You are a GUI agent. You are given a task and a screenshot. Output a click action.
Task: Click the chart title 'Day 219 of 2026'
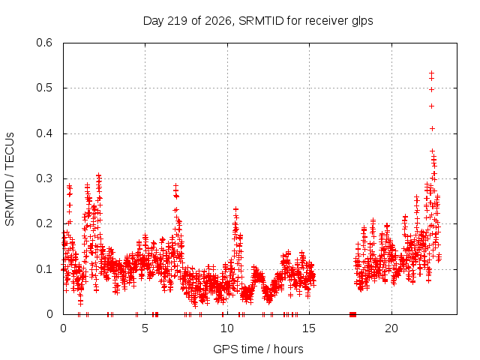187,21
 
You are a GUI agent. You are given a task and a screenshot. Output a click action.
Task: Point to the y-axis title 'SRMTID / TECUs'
10,179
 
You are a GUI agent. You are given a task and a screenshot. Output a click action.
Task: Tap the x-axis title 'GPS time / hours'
258,349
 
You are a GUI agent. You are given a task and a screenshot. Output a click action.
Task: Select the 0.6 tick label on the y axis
44,43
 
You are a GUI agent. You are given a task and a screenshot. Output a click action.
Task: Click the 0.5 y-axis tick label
44,88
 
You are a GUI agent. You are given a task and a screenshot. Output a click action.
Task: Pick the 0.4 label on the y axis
44,133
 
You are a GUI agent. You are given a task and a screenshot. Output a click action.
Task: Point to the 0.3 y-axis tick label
44,178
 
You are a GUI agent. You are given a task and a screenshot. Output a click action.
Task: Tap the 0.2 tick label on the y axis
44,223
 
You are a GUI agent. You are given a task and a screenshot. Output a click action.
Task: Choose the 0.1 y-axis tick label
44,269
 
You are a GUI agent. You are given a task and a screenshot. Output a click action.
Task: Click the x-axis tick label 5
145,328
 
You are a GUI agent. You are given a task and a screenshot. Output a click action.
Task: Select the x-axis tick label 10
227,328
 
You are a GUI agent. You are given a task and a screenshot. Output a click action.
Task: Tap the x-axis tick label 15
309,328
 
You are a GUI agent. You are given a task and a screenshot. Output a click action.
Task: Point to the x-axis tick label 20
391,328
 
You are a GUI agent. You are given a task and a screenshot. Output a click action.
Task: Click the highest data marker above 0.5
432,73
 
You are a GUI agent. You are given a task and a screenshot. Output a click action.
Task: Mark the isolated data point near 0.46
432,106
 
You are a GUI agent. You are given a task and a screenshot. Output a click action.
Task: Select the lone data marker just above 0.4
432,128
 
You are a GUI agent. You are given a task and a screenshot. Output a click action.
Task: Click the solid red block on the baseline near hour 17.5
353,314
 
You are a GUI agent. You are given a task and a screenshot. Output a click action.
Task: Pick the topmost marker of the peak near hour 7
175,186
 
